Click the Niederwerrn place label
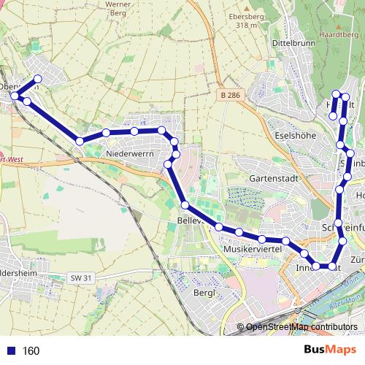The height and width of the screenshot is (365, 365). click(130, 154)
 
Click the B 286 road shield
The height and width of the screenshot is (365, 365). click(232, 95)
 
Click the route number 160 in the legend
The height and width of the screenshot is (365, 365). click(31, 351)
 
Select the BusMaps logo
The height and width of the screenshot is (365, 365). click(331, 350)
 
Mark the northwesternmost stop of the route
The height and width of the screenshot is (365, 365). click(38, 80)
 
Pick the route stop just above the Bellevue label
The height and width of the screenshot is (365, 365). click(185, 205)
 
